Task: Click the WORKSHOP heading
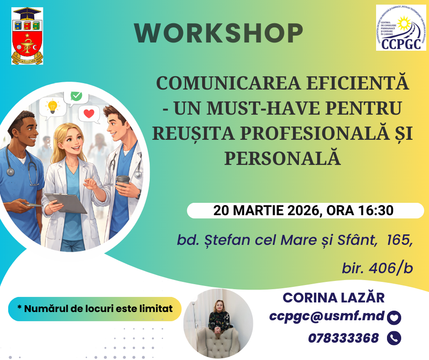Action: (x=219, y=33)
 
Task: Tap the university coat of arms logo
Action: (x=27, y=35)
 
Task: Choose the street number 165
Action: (x=399, y=240)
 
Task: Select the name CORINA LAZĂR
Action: (x=334, y=297)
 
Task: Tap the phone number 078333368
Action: (x=343, y=338)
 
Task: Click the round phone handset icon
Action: (x=393, y=338)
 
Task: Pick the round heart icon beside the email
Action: (x=393, y=317)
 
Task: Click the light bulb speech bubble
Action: (x=52, y=106)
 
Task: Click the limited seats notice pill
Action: (x=95, y=308)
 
